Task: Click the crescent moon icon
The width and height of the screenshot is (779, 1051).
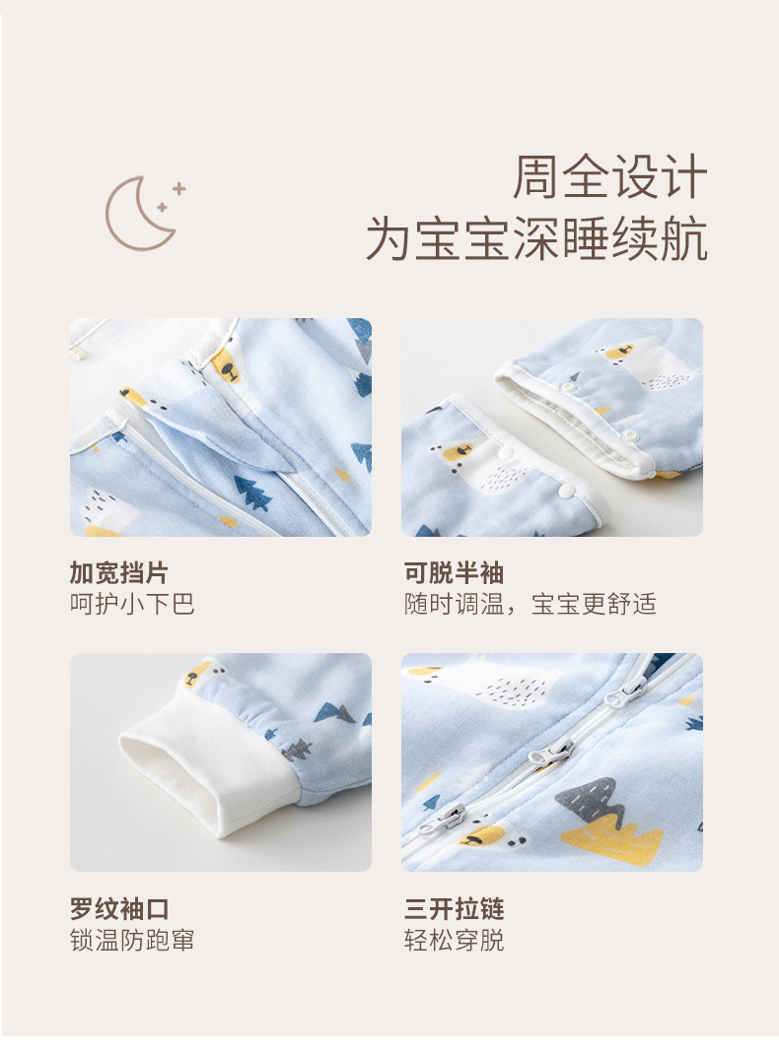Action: tap(141, 212)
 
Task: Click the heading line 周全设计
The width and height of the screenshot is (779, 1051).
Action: tap(609, 178)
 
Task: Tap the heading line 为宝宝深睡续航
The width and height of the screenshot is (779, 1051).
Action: tap(536, 240)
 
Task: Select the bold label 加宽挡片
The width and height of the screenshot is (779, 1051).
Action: tap(118, 573)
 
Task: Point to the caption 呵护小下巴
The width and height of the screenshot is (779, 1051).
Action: tap(132, 604)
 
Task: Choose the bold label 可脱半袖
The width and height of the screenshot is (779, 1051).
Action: tap(454, 573)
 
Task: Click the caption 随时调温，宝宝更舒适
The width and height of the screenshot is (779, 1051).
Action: tap(530, 604)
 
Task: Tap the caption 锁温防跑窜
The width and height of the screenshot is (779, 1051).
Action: tap(132, 940)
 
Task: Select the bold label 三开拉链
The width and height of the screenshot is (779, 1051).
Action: tap(454, 908)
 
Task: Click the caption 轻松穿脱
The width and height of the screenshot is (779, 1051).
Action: tap(454, 940)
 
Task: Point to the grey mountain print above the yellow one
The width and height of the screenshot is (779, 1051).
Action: tap(591, 799)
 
